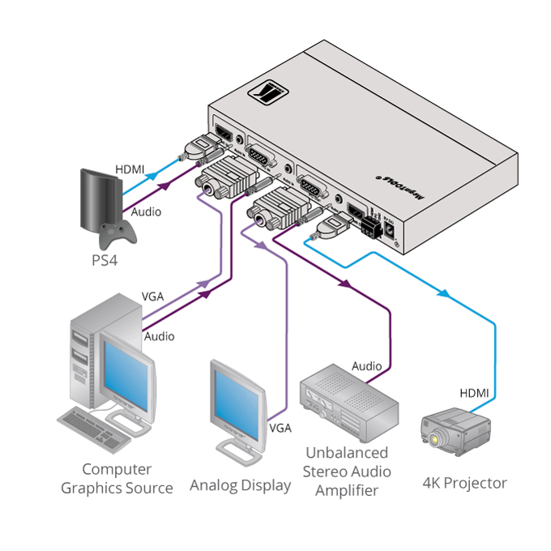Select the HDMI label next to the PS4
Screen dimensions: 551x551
(x=130, y=169)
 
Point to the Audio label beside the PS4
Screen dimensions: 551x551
(x=146, y=211)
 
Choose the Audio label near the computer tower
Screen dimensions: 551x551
(x=159, y=335)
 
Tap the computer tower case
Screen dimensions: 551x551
(x=87, y=357)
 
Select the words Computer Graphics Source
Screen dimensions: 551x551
(x=117, y=479)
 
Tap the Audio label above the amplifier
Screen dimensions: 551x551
(x=366, y=366)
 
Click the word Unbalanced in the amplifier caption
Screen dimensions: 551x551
(x=347, y=453)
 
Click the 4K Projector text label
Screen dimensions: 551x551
(x=464, y=484)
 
